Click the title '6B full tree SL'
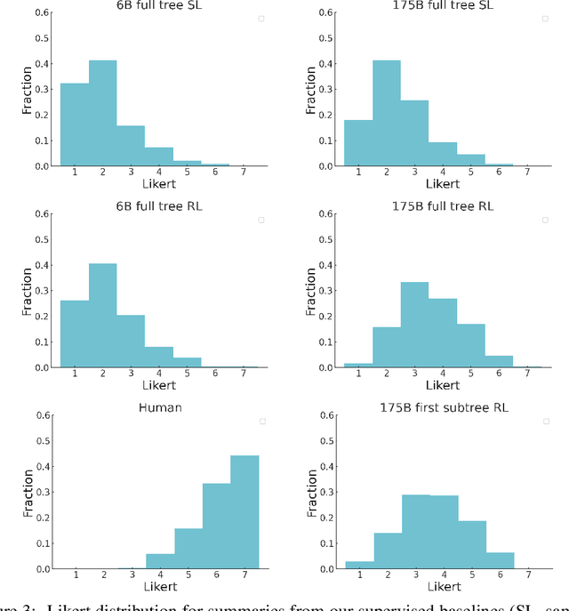(159, 5)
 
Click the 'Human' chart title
(159, 407)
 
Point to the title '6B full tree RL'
(159, 206)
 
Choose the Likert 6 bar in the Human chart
(216, 526)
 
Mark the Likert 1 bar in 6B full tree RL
(74, 334)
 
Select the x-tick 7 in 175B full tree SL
(527, 171)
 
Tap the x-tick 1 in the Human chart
(75, 574)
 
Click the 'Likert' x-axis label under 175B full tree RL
(442, 385)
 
